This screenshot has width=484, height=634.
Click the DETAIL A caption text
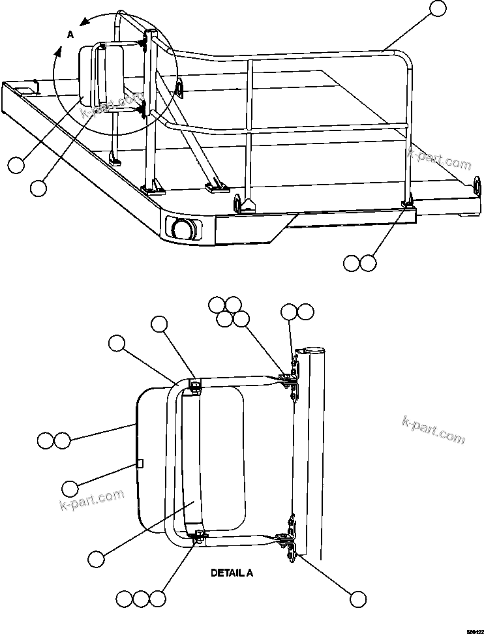pyautogui.click(x=232, y=573)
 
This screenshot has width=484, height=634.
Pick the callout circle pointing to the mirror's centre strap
pyautogui.click(x=96, y=558)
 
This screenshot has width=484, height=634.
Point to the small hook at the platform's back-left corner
pyautogui.click(x=35, y=84)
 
